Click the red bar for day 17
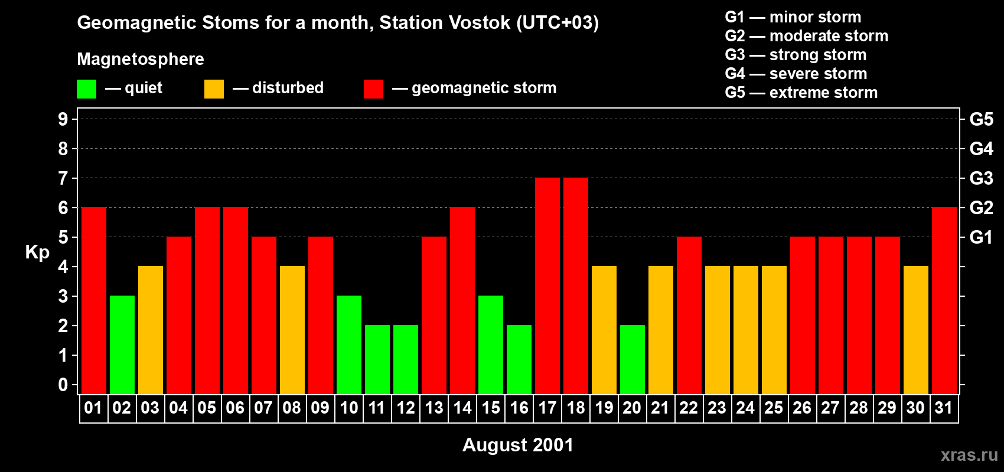[x=547, y=286]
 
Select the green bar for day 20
[x=633, y=359]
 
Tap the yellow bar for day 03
[x=151, y=330]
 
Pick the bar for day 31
[x=944, y=300]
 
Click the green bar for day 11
[x=377, y=359]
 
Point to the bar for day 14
[x=462, y=300]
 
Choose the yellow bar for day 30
[x=916, y=330]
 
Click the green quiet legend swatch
[x=86, y=89]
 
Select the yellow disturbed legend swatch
[x=214, y=89]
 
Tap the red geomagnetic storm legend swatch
[x=373, y=89]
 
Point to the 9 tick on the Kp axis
[x=63, y=119]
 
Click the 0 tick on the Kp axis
[x=63, y=385]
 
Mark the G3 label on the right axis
[x=981, y=178]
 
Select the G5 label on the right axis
[x=981, y=119]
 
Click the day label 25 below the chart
[x=774, y=408]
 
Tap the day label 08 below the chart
[x=292, y=408]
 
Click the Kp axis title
[x=37, y=253]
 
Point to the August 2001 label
[x=518, y=445]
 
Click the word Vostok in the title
[x=480, y=23]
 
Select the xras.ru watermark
[x=969, y=454]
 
